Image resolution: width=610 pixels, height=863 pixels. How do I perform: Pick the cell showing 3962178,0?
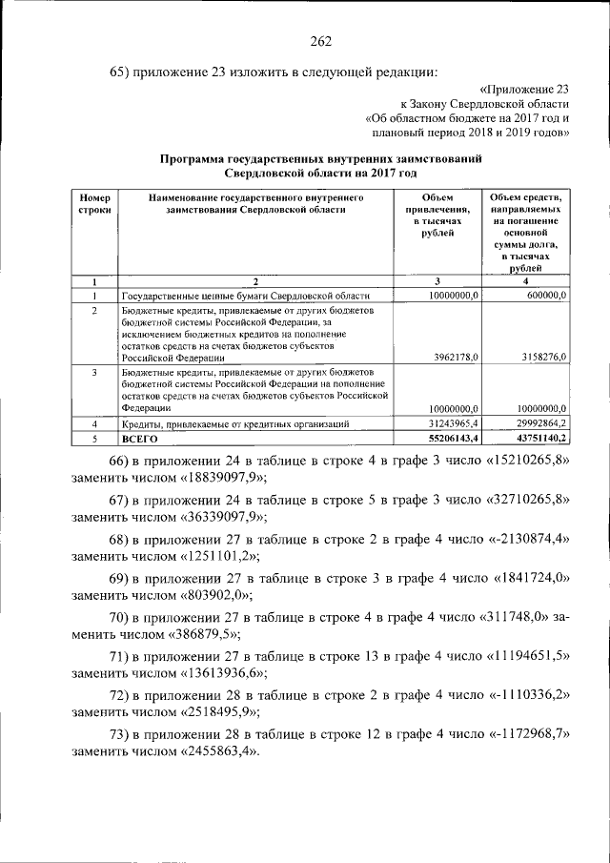pyautogui.click(x=454, y=356)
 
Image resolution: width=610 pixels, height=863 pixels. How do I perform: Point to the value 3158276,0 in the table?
pyautogui.click(x=540, y=356)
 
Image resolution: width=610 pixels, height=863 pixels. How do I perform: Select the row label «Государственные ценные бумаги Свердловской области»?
pyautogui.click(x=245, y=297)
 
